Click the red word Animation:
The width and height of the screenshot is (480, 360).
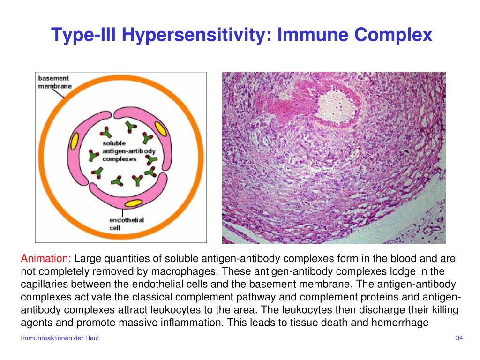tap(46, 259)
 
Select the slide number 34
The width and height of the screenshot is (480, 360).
tap(459, 338)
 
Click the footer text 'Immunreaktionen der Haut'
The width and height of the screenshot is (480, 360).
tap(60, 338)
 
